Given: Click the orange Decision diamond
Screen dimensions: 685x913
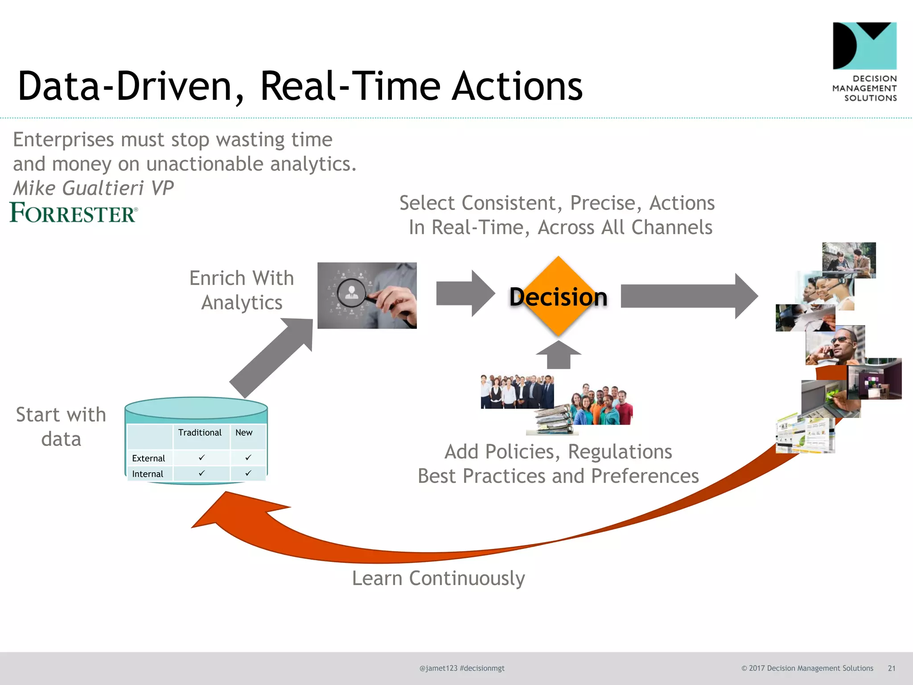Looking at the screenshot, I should tap(558, 296).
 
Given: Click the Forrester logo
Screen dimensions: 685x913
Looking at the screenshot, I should tap(74, 213).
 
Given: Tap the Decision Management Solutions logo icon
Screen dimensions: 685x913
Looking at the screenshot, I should tap(864, 46).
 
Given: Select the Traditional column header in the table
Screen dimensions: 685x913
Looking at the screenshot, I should tap(200, 433).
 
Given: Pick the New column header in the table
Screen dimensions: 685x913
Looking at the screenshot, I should tap(244, 433).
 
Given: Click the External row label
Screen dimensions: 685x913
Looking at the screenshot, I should tap(148, 458).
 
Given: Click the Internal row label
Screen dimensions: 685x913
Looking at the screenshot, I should tap(148, 474).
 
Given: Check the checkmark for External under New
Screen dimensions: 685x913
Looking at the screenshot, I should tap(248, 458).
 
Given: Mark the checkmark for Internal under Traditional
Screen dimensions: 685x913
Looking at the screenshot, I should tap(202, 473).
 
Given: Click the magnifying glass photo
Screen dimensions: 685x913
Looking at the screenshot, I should tap(367, 296).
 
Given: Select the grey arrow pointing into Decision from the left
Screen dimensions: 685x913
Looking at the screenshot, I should tap(465, 293).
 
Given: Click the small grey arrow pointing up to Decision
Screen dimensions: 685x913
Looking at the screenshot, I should tap(558, 355).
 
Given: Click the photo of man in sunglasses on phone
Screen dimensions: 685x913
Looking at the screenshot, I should tap(835, 346).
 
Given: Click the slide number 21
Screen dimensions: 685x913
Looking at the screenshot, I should tap(892, 668).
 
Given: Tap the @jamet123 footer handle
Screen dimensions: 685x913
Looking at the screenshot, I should tap(438, 668).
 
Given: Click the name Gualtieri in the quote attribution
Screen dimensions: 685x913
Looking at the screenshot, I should tap(103, 188).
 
